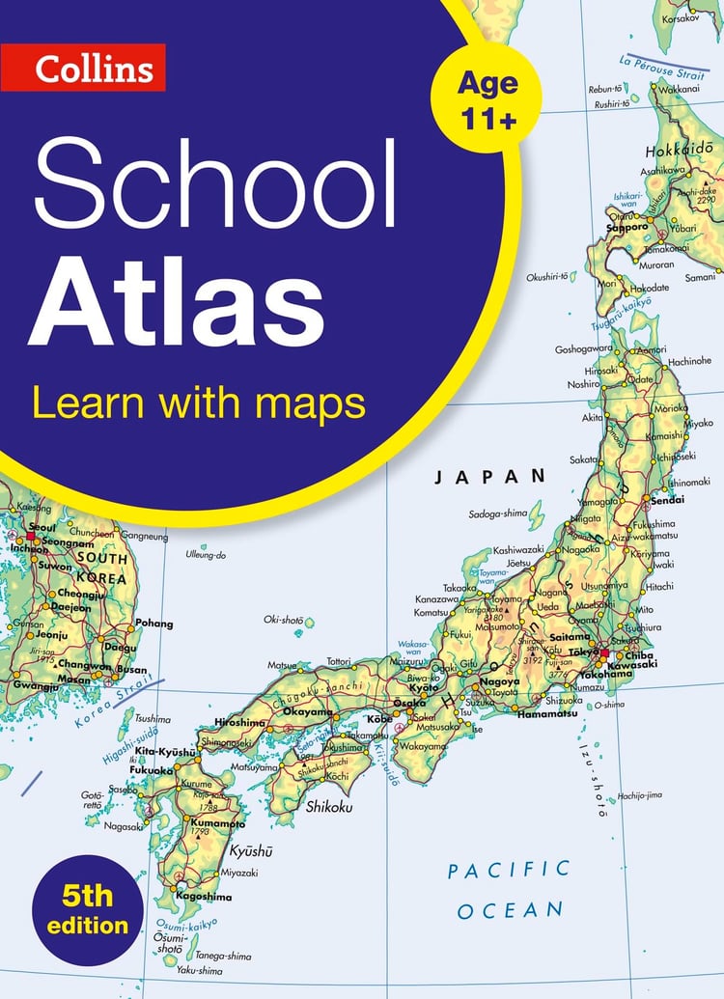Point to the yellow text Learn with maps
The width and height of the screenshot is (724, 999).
[x=199, y=402]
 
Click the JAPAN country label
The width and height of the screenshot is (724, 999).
[x=490, y=476]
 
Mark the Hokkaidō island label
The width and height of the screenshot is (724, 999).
[x=678, y=151]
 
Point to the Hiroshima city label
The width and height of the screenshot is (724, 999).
[x=240, y=722]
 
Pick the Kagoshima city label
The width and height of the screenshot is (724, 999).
[x=204, y=897]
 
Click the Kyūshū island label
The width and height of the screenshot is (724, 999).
[x=251, y=851]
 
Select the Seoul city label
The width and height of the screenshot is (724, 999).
[x=16, y=527]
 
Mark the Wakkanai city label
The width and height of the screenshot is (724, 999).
[x=682, y=89]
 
